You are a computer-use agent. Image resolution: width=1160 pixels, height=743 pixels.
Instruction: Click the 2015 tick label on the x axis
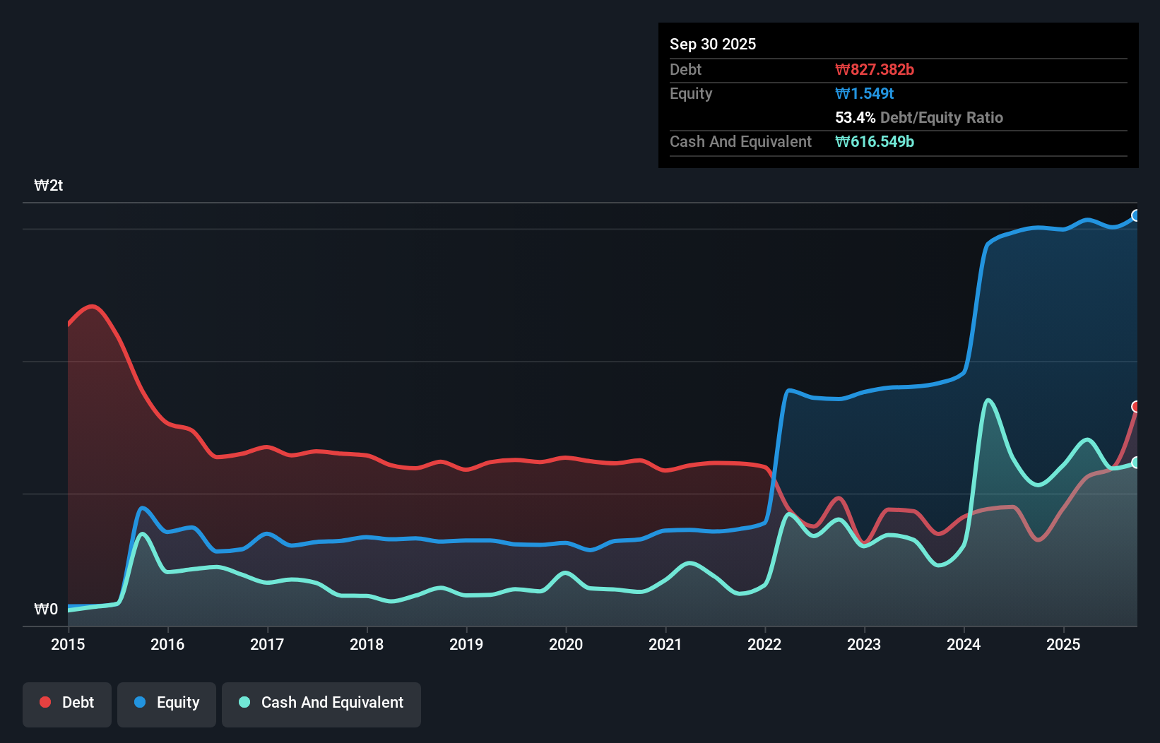(68, 644)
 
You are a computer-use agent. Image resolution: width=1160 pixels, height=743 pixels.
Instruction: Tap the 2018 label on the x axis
(367, 644)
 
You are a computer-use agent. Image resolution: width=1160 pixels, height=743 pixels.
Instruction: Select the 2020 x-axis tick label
(566, 644)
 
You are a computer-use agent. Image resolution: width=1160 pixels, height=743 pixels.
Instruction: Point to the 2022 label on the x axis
(764, 644)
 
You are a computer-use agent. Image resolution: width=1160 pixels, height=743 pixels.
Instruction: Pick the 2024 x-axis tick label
(964, 644)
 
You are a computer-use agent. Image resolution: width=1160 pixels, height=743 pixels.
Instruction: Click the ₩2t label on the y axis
(48, 186)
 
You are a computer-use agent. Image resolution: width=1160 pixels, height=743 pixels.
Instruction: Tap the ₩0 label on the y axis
(46, 609)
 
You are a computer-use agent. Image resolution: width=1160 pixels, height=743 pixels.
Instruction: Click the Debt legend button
(67, 703)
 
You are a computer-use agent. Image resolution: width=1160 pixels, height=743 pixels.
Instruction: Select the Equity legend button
(167, 703)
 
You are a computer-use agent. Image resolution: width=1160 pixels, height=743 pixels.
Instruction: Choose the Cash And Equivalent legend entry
(321, 703)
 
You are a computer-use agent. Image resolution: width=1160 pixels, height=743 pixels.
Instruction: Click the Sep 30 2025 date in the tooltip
(713, 44)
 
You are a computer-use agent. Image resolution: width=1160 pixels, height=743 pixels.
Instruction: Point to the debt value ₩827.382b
(875, 69)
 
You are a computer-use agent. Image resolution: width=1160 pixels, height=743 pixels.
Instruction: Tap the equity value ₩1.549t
(865, 93)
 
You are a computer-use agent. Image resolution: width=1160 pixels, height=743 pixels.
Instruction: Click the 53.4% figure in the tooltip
(855, 117)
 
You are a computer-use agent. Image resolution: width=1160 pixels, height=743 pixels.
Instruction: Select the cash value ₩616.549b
(875, 141)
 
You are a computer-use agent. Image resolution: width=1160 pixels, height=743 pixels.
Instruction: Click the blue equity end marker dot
(1136, 215)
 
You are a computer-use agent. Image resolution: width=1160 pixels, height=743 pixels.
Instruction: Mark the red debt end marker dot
(1136, 407)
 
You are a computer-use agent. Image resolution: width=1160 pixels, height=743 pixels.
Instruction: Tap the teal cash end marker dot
(1136, 463)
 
